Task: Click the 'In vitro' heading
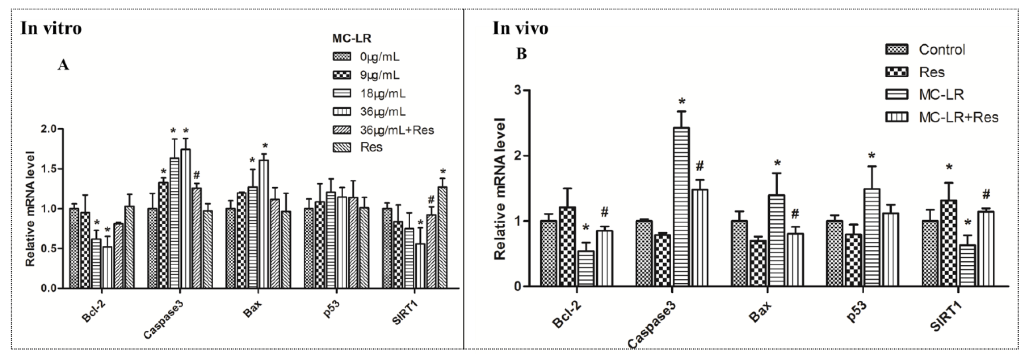[x=51, y=28]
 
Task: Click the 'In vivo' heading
[x=520, y=28]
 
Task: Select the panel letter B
[x=521, y=53]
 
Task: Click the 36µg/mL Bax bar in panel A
[x=263, y=224]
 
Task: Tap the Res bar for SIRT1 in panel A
[x=442, y=237]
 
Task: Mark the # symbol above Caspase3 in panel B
[x=699, y=166]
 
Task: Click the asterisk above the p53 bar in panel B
[x=871, y=156]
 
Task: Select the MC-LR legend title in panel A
[x=352, y=38]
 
